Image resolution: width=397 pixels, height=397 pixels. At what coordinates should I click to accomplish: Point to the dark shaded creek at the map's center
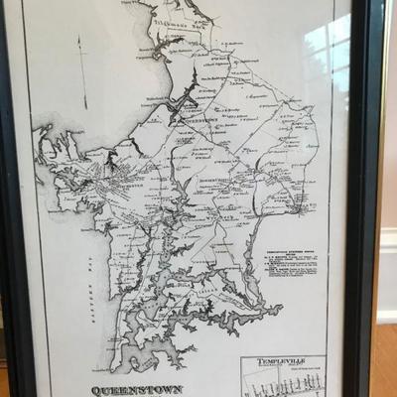pos(184,104)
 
